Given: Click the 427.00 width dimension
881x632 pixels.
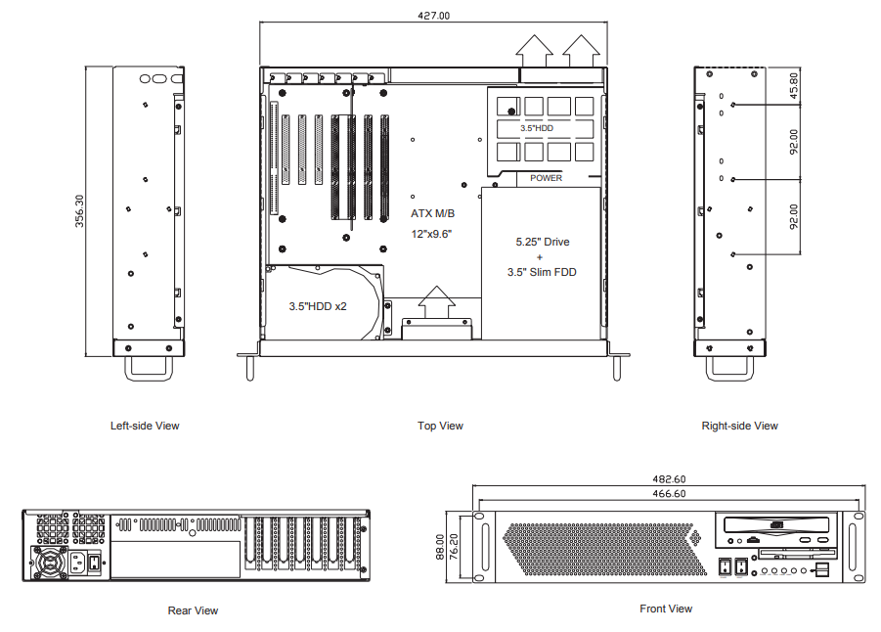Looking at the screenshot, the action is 433,16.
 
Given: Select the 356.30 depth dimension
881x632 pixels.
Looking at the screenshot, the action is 79,211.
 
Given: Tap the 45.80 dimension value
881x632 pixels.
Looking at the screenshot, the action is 793,85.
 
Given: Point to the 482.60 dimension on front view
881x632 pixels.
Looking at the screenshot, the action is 669,479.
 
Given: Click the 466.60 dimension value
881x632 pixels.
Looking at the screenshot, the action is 669,494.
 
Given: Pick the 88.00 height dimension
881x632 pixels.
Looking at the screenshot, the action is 440,547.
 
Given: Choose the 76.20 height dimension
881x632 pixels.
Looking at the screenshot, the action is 454,547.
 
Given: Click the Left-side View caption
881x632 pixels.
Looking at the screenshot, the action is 145,426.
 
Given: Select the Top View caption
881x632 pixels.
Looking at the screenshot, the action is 440,426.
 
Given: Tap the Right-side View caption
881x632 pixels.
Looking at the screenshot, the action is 739,426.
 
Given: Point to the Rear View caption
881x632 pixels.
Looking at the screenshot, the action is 193,610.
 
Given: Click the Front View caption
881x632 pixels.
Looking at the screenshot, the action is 666,609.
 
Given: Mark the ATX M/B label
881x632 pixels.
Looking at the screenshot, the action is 432,213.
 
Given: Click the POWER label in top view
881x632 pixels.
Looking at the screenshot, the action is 546,178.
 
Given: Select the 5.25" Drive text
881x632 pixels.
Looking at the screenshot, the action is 543,242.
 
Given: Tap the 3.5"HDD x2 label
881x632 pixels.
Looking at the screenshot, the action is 318,306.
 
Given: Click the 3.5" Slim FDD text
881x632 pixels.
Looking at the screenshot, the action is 542,272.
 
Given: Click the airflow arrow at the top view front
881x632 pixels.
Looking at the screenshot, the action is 436,302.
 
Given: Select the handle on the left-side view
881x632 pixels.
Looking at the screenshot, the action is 149,368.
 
